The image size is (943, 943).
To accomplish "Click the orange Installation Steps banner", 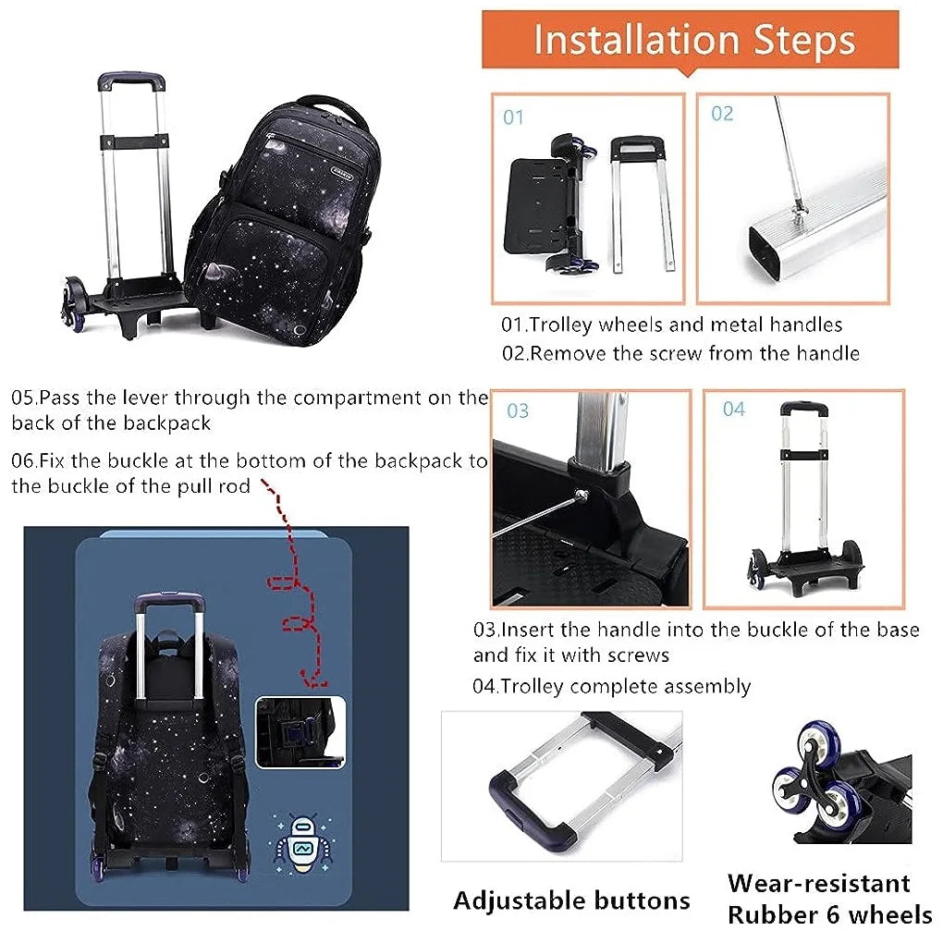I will (690, 40).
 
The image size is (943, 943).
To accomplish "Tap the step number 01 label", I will (513, 117).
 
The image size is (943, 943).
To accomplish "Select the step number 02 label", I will (722, 114).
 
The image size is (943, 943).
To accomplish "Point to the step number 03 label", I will (518, 410).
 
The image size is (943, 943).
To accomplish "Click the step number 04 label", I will (733, 409).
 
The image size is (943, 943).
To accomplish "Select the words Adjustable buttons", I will (571, 900).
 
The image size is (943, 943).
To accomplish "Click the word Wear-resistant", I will (818, 883).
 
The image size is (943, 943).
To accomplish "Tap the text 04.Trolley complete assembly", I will (612, 686).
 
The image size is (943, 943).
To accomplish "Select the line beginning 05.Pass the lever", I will (250, 398).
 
